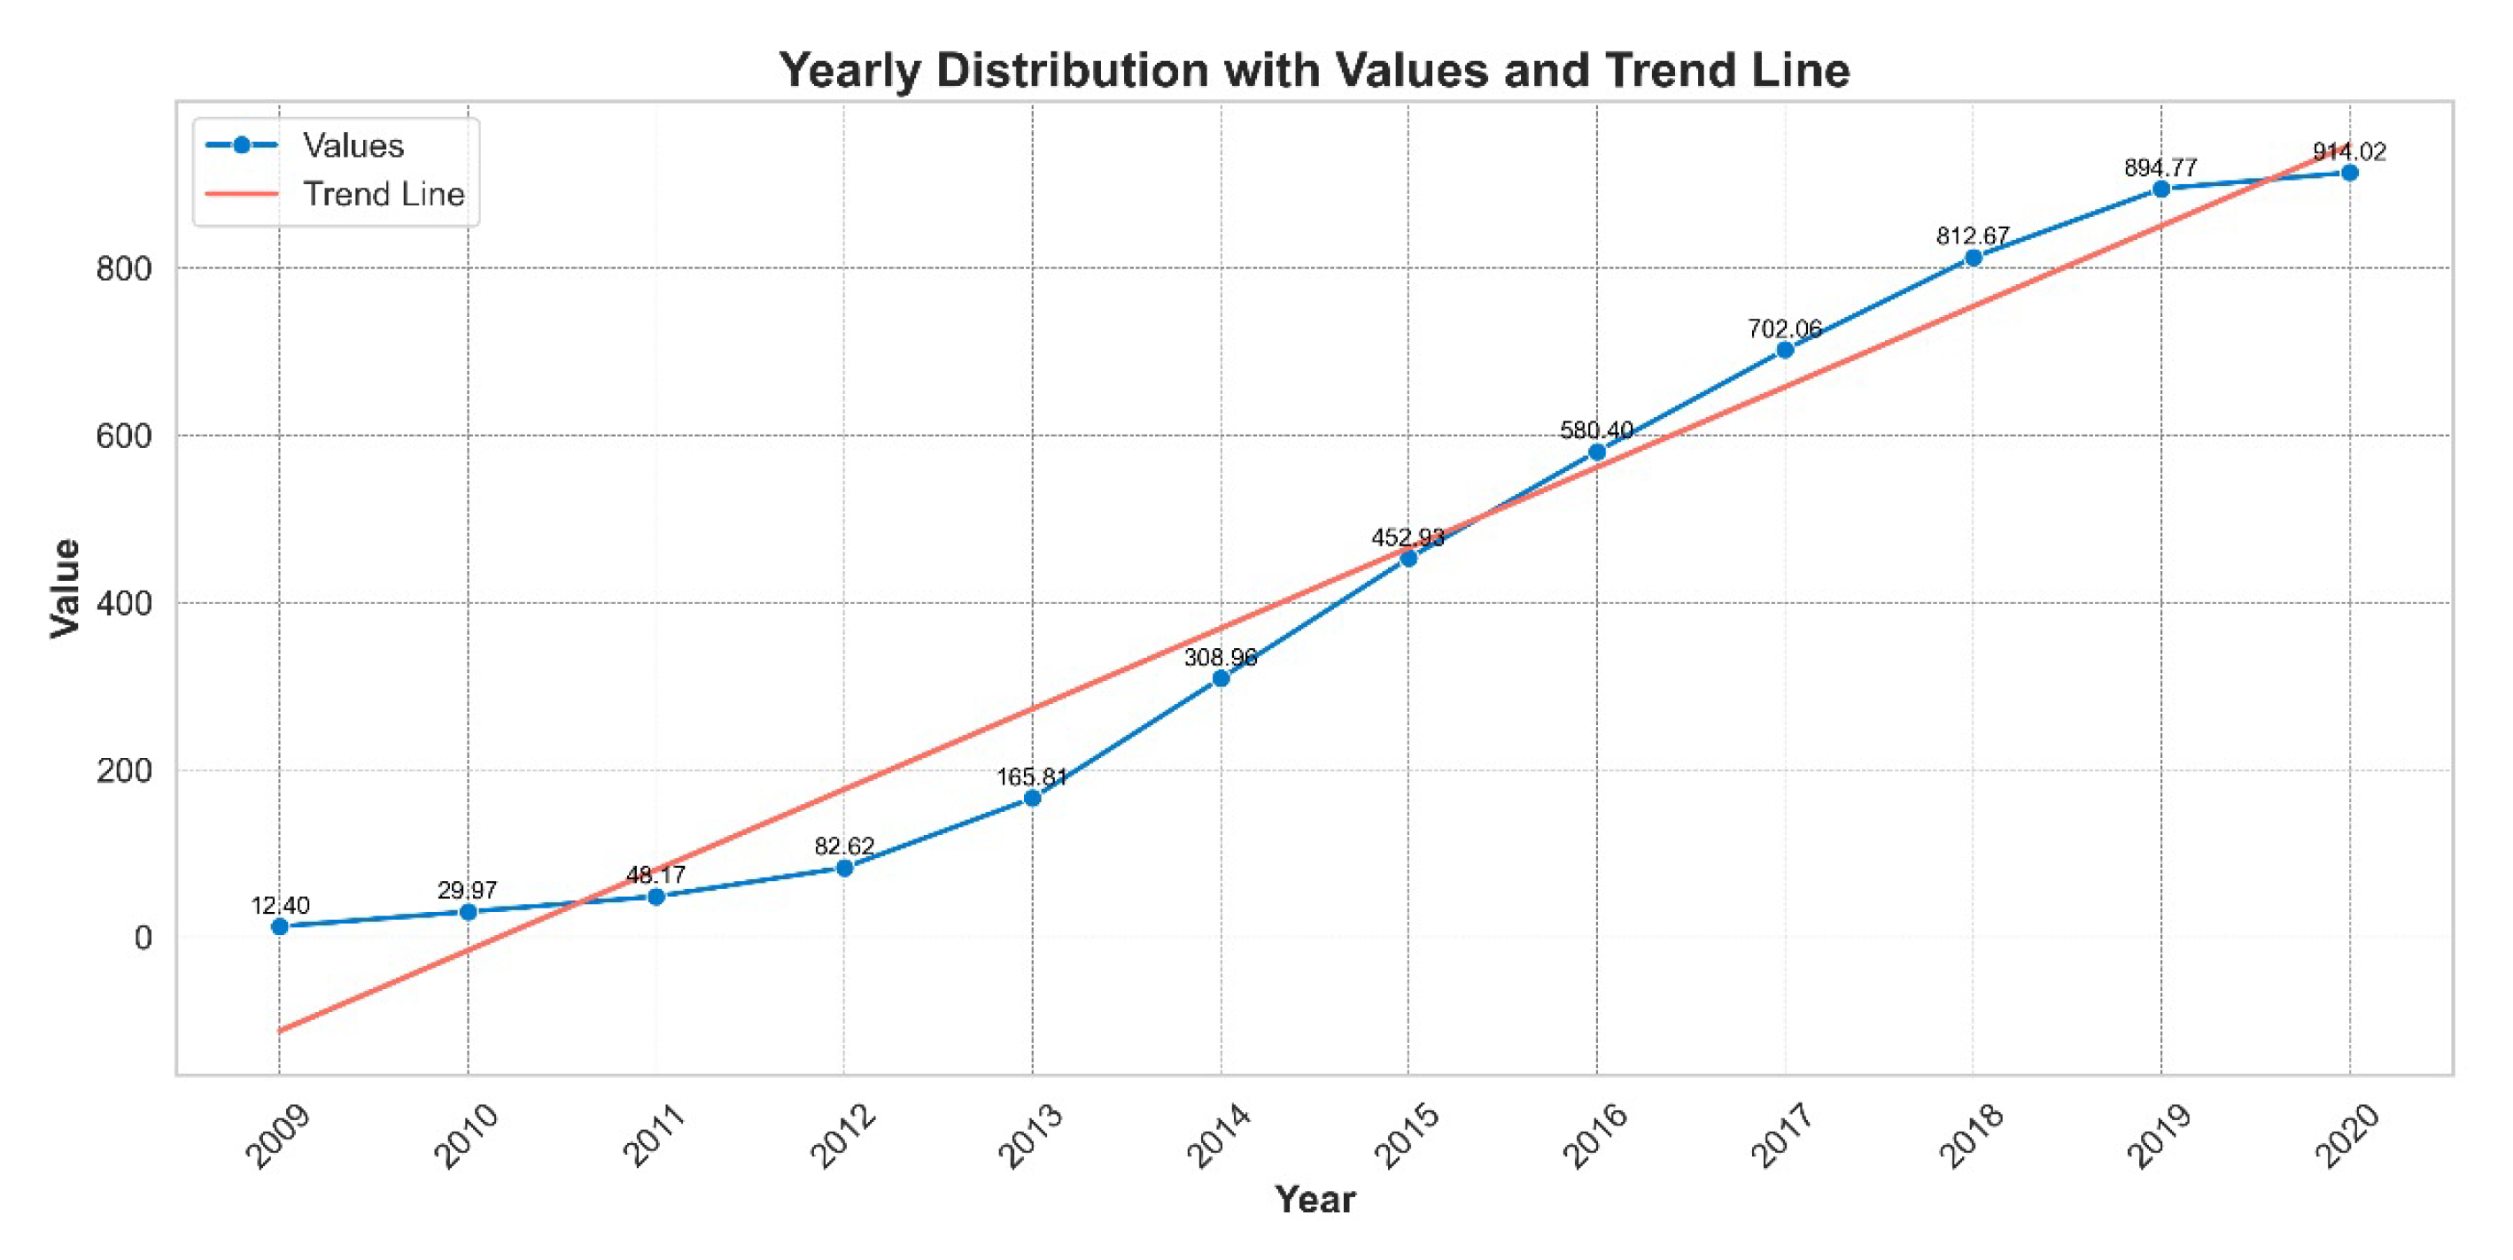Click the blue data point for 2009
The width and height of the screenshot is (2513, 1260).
[x=280, y=925]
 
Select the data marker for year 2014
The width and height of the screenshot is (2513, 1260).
[x=1221, y=677]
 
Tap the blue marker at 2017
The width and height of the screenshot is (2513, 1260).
[x=1785, y=349]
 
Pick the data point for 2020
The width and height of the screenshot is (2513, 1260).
[x=2349, y=173]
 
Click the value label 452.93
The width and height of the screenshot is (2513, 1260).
[x=1408, y=537]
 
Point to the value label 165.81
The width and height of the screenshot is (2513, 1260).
[x=1032, y=777]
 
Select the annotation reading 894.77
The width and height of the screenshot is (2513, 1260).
[x=2160, y=167]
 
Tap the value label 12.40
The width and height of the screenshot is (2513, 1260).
[x=280, y=905]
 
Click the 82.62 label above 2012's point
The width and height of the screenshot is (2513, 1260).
[x=844, y=846]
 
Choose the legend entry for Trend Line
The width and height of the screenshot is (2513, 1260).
[x=383, y=194]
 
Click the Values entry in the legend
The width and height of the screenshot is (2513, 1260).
[x=353, y=145]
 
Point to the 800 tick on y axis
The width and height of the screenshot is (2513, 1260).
[x=124, y=269]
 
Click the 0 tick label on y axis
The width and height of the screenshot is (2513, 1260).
[x=143, y=939]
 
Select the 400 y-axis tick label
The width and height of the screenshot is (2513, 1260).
[x=124, y=604]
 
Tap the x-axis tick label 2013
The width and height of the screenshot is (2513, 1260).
[x=1030, y=1135]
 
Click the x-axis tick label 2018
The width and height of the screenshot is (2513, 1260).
[x=1971, y=1135]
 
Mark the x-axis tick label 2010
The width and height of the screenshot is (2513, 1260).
[x=465, y=1135]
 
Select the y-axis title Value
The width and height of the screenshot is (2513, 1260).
[x=66, y=588]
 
